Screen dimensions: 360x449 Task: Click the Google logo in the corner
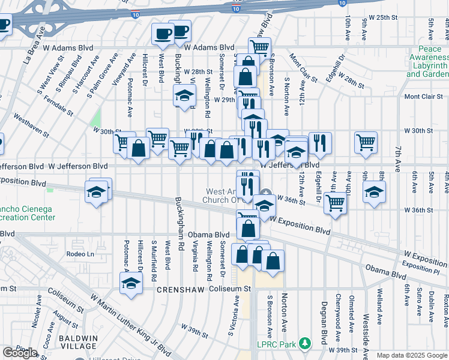click(20, 353)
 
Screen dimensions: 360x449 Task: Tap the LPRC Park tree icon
click(306, 344)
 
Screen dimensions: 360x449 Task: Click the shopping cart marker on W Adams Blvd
click(259, 47)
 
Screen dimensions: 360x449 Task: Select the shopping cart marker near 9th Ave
click(366, 142)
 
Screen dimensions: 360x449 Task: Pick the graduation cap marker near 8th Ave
click(374, 191)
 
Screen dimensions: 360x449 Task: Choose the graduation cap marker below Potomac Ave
click(130, 283)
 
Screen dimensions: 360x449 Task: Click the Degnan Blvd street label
click(324, 317)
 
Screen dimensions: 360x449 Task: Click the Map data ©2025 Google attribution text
click(411, 355)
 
